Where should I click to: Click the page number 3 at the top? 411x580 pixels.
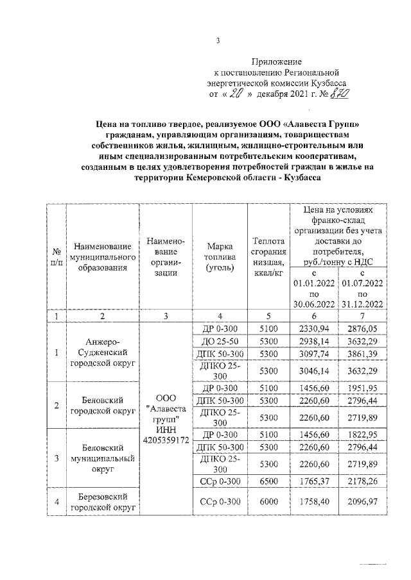coord(218,42)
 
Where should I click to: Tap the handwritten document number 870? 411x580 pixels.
coord(339,94)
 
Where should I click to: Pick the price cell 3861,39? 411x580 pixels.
coord(363,353)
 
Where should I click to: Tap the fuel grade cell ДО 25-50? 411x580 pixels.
coord(220,341)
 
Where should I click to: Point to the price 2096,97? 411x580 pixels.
coord(363,502)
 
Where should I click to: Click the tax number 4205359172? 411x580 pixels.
coord(166,441)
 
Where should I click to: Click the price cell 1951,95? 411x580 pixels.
coord(363,390)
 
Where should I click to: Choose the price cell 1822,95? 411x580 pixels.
coord(363,434)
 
